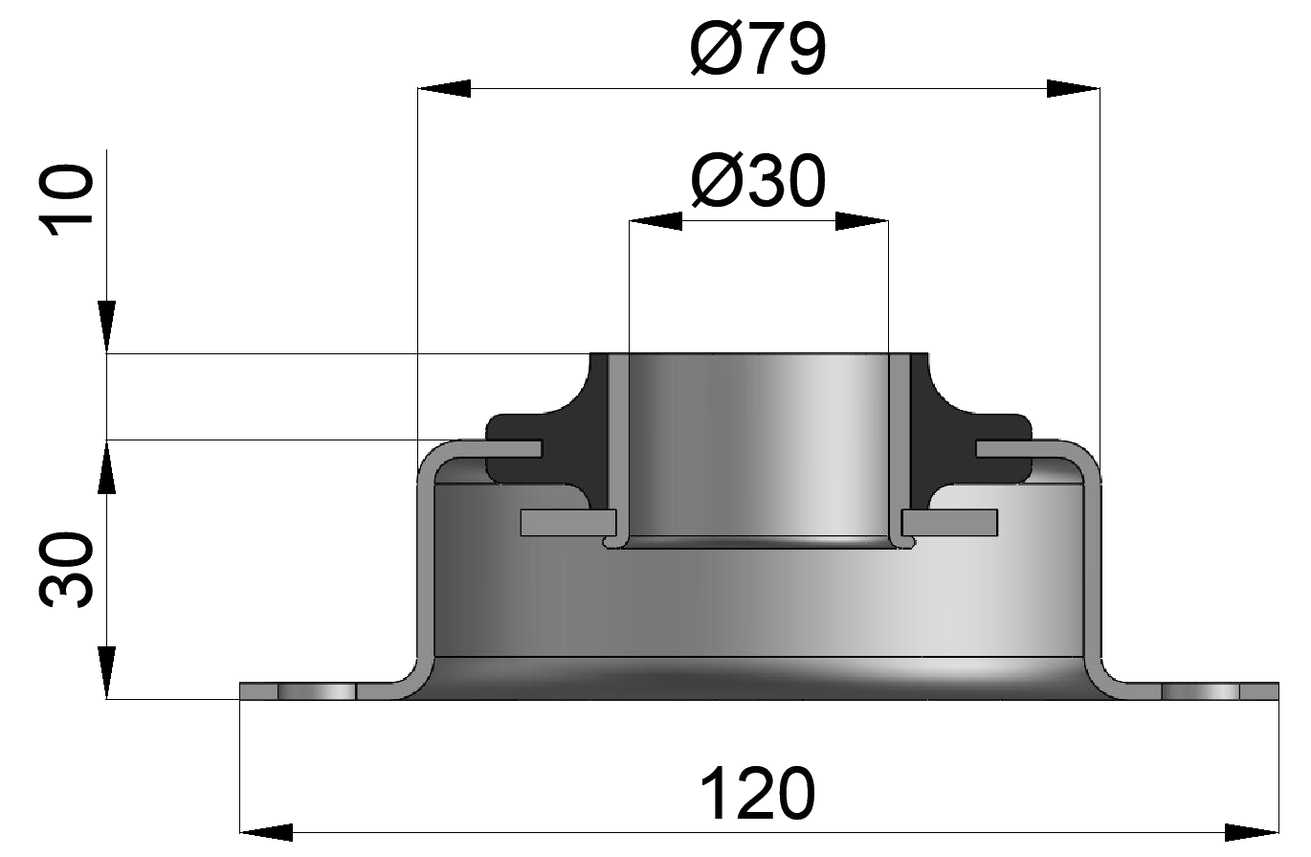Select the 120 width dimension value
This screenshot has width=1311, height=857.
[x=757, y=794]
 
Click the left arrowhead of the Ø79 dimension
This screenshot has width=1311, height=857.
[x=445, y=89]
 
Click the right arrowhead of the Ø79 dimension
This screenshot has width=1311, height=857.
[x=1073, y=89]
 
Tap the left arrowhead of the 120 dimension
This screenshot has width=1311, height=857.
[x=265, y=830]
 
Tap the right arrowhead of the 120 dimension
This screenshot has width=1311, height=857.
[x=1253, y=830]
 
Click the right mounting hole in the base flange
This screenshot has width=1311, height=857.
[x=1200, y=691]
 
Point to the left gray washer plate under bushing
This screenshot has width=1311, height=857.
[x=567, y=522]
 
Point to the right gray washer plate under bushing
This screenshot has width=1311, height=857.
[x=950, y=522]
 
